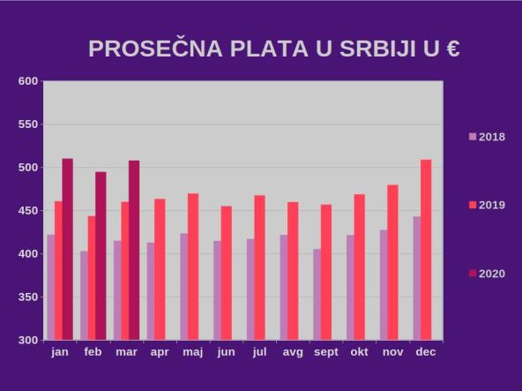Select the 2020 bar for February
101,256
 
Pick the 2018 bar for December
417,278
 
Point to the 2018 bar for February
85,296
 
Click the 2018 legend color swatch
472,137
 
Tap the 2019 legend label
491,205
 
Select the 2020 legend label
491,274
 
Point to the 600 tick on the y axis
28,81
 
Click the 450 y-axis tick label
28,211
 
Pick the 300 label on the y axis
28,340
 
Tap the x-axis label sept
326,352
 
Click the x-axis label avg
293,352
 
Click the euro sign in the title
452,49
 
